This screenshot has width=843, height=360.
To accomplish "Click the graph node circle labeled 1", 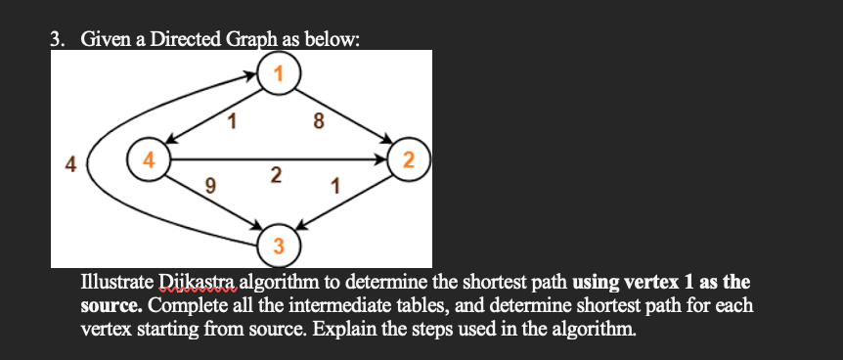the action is [280, 73].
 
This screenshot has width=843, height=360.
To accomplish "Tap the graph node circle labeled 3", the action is [279, 245].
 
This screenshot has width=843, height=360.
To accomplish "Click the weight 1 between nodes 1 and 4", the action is [231, 122].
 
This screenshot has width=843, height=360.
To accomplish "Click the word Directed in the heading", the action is [181, 40].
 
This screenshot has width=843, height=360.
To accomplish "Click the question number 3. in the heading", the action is [58, 40].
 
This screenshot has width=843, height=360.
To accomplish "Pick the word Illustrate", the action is [114, 284].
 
